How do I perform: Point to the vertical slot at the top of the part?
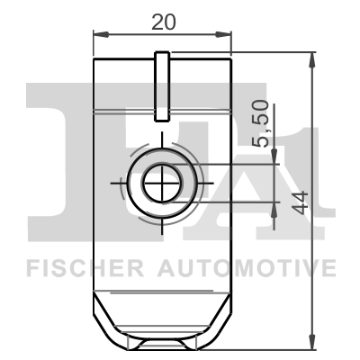click(162, 86)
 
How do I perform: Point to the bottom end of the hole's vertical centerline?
click(162, 233)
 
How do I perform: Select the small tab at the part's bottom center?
click(162, 344)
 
